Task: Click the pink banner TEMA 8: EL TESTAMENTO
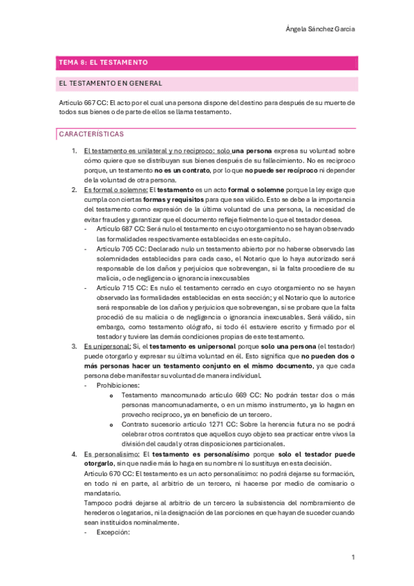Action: (104, 63)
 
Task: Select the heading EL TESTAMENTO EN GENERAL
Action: (111, 84)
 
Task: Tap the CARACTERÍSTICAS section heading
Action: (91, 134)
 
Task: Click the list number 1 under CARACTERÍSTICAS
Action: (75, 150)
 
